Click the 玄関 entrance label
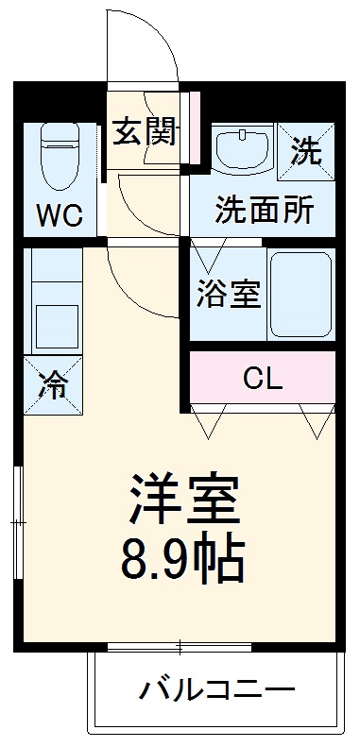(146, 132)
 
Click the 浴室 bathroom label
(228, 295)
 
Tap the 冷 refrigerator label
(52, 384)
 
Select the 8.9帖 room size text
(182, 561)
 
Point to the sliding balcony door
(179, 647)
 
